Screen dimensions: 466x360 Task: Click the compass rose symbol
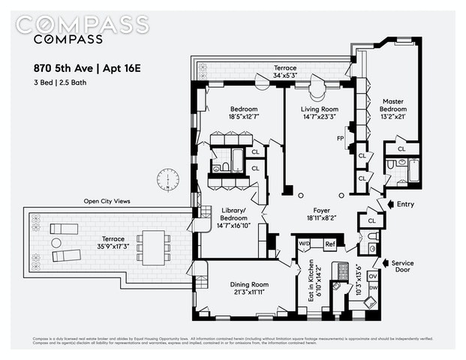[x=167, y=179]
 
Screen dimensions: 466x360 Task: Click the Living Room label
[x=320, y=112]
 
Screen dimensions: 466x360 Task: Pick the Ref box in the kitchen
[x=329, y=244]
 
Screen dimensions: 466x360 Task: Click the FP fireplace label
[x=340, y=139]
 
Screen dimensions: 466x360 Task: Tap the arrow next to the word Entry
[x=388, y=204]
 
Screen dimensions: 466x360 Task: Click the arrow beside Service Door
[x=387, y=263]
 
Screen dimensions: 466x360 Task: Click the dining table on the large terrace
[x=155, y=244]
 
